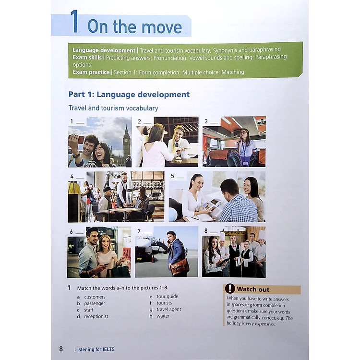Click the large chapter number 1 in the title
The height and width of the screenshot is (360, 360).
click(x=74, y=21)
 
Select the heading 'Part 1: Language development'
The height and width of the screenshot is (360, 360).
click(x=129, y=95)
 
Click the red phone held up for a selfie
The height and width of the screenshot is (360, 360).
click(x=79, y=139)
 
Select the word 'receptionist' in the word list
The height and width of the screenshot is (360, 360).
click(x=96, y=316)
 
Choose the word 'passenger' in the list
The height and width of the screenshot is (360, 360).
click(x=95, y=303)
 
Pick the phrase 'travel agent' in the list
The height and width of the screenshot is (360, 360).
click(x=169, y=310)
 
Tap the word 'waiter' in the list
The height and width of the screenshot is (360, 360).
click(x=163, y=316)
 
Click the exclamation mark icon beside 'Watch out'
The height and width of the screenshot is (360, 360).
click(x=230, y=288)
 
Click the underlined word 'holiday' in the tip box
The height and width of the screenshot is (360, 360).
click(x=233, y=323)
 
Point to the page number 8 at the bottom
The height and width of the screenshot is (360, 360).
click(x=61, y=349)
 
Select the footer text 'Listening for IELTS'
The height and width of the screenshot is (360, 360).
click(x=95, y=349)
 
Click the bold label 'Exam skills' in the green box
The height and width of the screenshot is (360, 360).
click(x=87, y=58)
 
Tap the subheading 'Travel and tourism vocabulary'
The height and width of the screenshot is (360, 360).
click(x=113, y=108)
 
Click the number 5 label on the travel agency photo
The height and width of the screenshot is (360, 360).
click(x=172, y=176)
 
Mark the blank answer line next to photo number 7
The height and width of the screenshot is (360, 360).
click(x=147, y=233)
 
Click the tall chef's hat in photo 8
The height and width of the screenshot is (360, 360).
click(x=222, y=237)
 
